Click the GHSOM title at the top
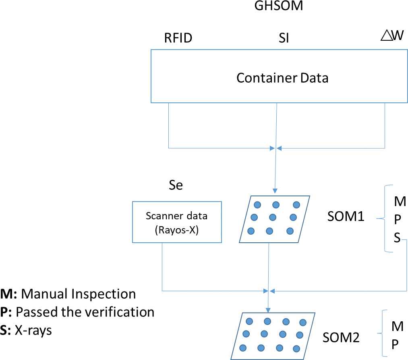[x=274, y=6]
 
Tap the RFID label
[x=178, y=38]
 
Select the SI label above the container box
[x=284, y=38]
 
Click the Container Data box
[x=282, y=77]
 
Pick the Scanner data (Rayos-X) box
[x=177, y=222]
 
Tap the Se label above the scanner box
[x=175, y=185]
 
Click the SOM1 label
[x=346, y=217]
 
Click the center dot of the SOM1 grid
[x=272, y=217]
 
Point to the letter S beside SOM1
[x=397, y=238]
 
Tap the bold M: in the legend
[x=8, y=294]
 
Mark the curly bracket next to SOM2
[x=382, y=333]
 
